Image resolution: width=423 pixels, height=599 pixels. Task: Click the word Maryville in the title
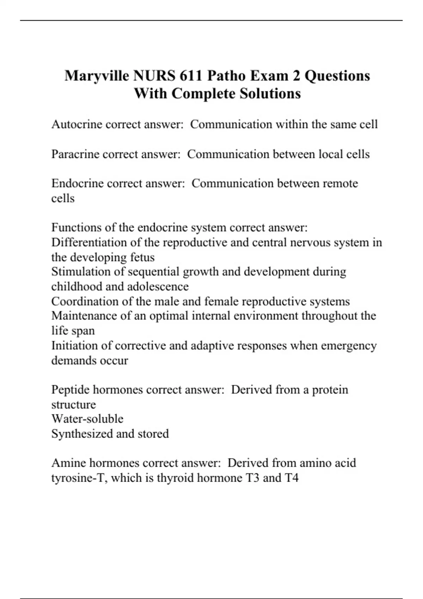tap(97, 76)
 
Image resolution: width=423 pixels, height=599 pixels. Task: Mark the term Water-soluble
tap(87, 419)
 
